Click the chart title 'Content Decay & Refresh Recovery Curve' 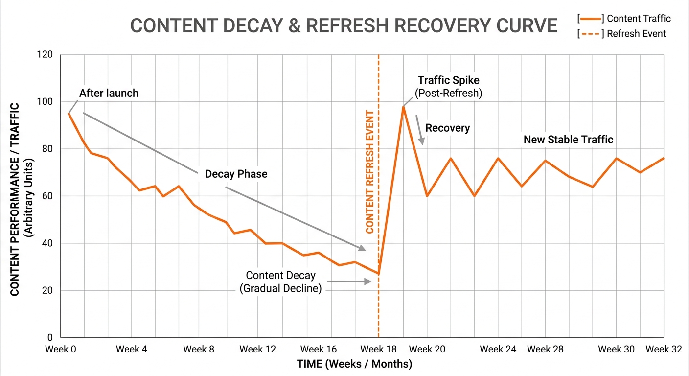[344, 25]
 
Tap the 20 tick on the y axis [47, 290]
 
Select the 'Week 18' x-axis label [378, 349]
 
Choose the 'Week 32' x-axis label [664, 349]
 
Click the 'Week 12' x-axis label [258, 349]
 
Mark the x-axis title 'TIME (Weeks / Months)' [354, 364]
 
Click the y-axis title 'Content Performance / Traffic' [15, 199]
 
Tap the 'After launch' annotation [109, 93]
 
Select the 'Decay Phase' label [236, 174]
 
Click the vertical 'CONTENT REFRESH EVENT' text [370, 172]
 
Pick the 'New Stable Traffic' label [568, 140]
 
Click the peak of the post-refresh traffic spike [403, 107]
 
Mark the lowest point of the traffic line [378, 274]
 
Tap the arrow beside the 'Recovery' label [419, 130]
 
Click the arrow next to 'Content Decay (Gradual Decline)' [349, 282]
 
